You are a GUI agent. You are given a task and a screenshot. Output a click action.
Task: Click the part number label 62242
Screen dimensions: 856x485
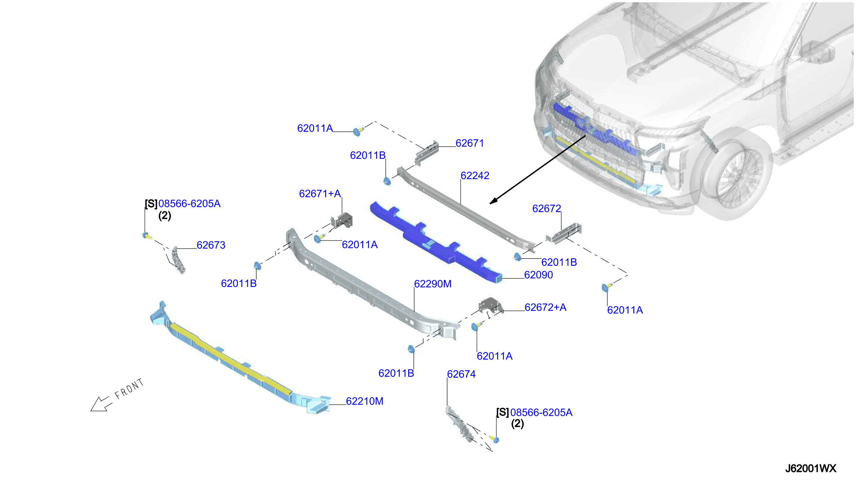point(475,176)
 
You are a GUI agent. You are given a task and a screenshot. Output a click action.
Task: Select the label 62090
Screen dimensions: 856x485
point(538,275)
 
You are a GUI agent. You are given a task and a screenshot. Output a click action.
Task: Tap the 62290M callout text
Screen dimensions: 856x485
point(433,284)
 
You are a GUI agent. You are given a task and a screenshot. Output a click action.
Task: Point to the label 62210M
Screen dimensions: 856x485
point(365,401)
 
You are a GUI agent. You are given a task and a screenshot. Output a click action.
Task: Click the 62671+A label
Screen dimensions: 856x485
point(320,193)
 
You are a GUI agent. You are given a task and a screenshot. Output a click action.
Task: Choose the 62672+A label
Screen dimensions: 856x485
point(545,307)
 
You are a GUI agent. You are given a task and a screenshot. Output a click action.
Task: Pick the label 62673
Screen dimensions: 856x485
point(211,245)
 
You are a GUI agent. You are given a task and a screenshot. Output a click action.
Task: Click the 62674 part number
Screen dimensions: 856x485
point(461,374)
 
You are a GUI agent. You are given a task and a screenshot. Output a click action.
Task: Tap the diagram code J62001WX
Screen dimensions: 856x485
point(810,469)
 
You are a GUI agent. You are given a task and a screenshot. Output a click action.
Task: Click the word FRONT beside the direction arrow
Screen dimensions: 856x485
point(129,389)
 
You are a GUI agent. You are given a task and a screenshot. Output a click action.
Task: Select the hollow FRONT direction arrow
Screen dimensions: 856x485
point(101,404)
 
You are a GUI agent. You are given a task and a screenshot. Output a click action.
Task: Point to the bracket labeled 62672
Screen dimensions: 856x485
point(564,233)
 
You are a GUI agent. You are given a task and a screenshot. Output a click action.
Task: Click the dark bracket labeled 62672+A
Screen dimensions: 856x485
point(490,306)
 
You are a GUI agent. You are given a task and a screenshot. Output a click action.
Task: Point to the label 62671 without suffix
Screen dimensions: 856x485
point(470,143)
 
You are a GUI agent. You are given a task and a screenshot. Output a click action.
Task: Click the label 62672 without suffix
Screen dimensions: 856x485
point(546,209)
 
